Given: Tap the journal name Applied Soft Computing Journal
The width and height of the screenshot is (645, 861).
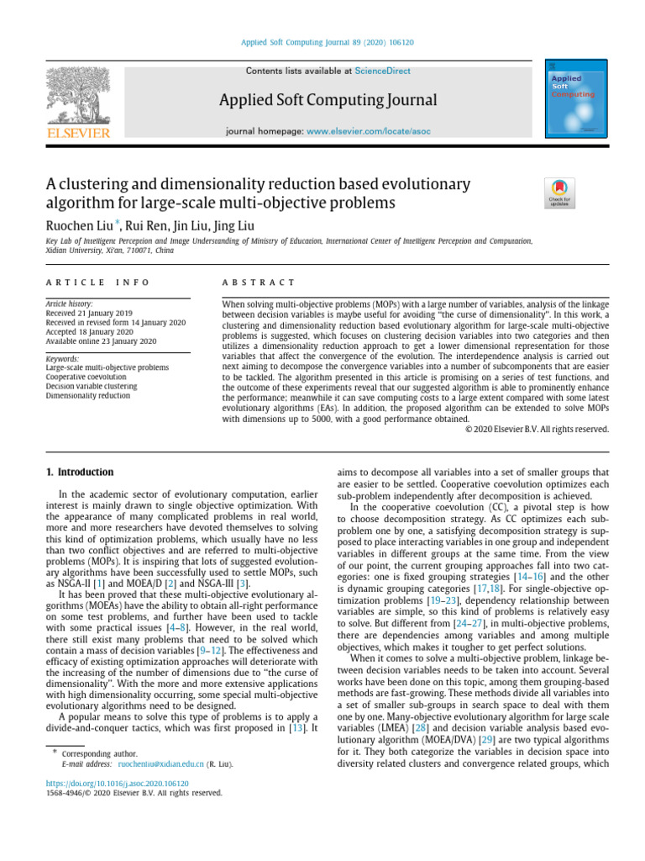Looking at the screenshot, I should click(328, 101).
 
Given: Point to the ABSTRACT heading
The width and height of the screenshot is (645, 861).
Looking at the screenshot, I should click(258, 283).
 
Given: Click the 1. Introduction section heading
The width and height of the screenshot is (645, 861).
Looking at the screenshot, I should click(78, 473).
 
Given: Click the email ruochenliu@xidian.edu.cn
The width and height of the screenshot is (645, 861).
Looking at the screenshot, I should click(161, 764).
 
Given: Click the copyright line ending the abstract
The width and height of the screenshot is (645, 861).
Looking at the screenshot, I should click(537, 429).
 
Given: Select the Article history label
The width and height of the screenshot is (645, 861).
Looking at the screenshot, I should click(69, 303).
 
